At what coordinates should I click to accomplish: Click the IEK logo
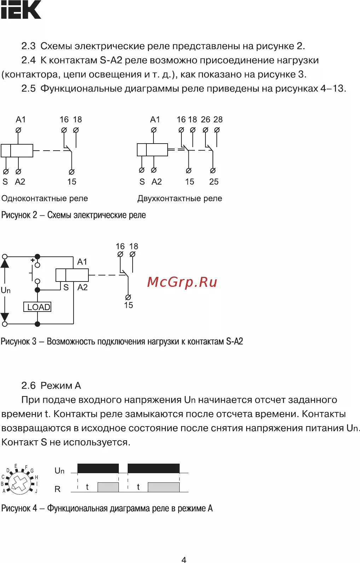21,10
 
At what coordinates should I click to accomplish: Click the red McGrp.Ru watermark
182,282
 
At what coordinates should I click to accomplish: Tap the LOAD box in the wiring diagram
37,307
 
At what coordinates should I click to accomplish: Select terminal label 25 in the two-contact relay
214,181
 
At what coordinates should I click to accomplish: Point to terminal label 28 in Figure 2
218,120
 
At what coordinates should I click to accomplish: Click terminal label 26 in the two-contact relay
205,120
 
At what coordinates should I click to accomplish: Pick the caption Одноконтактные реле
45,198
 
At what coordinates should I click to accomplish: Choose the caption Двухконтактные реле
180,198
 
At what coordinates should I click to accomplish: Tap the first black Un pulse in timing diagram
98,468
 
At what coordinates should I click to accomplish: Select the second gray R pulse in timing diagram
164,487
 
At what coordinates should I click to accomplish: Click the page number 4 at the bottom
184,560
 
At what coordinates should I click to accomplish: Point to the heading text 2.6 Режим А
51,385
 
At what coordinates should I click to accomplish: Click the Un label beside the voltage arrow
6,290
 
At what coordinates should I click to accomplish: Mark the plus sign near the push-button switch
33,260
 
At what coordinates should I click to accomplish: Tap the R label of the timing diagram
58,489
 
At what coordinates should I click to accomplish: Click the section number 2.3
28,46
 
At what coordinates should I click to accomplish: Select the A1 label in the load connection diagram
82,262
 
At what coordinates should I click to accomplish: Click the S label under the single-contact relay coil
5,181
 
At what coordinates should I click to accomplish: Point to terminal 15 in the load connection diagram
128,305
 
